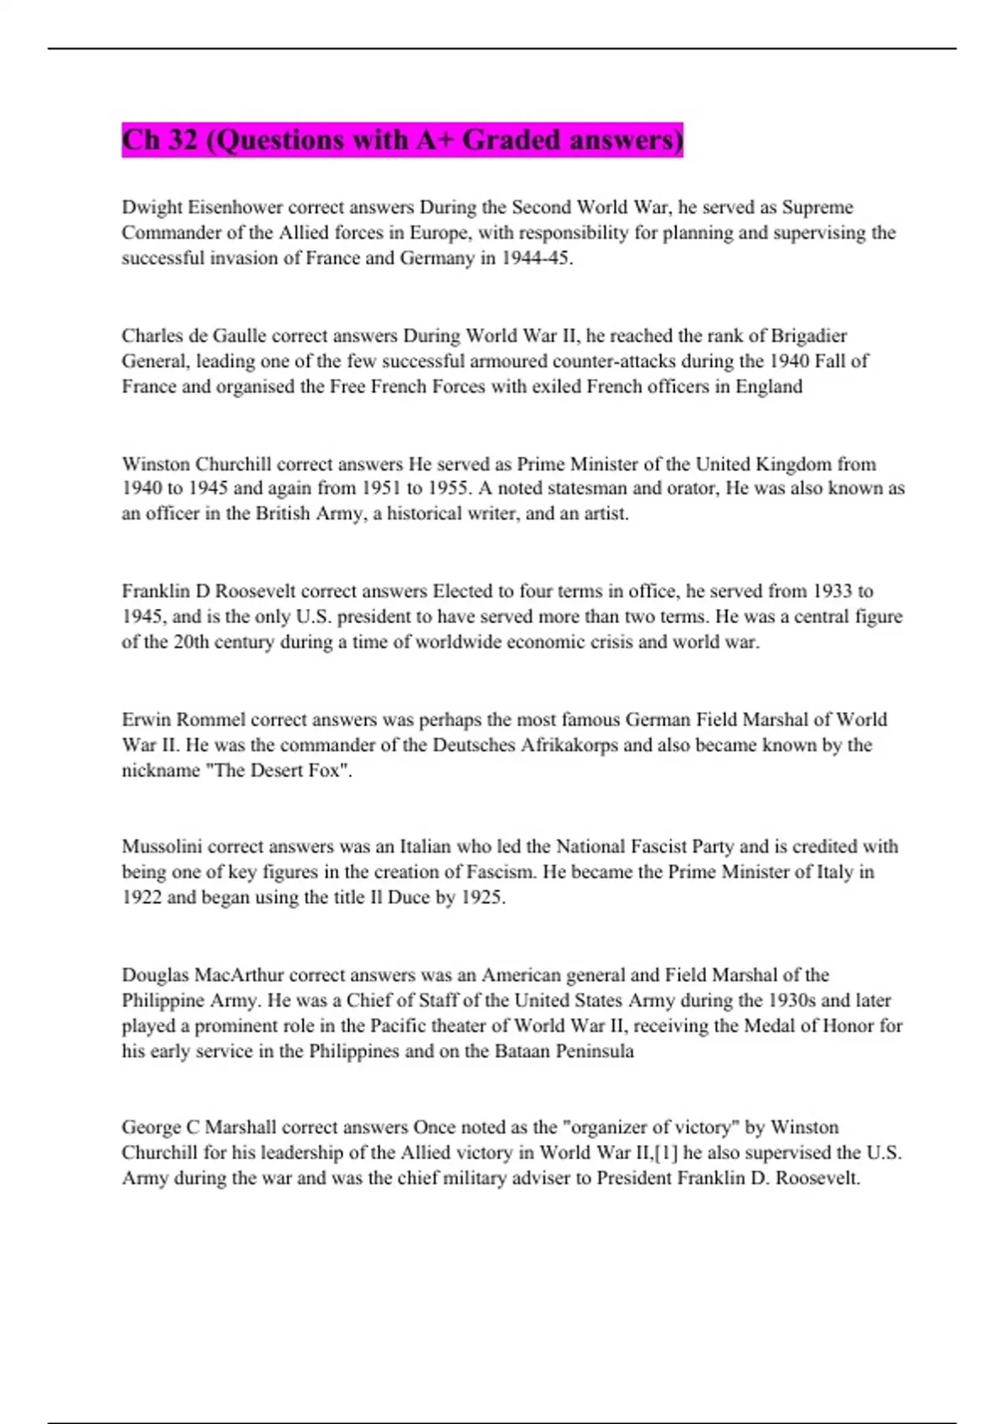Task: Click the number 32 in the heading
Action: coord(182,140)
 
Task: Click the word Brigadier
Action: coord(808,336)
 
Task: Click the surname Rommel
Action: coord(211,720)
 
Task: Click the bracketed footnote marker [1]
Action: coord(667,1153)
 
